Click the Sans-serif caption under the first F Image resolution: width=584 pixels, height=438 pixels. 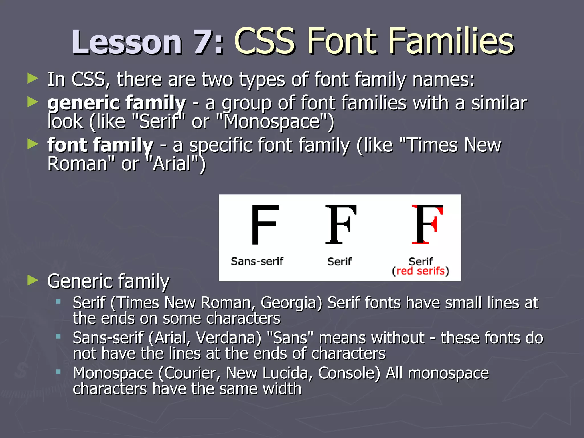click(257, 261)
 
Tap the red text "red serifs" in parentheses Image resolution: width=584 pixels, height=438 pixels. click(420, 271)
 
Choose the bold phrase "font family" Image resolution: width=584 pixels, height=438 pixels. click(100, 145)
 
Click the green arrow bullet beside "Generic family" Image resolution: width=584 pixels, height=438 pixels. click(33, 281)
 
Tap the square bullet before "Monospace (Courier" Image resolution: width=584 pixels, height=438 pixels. click(58, 372)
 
